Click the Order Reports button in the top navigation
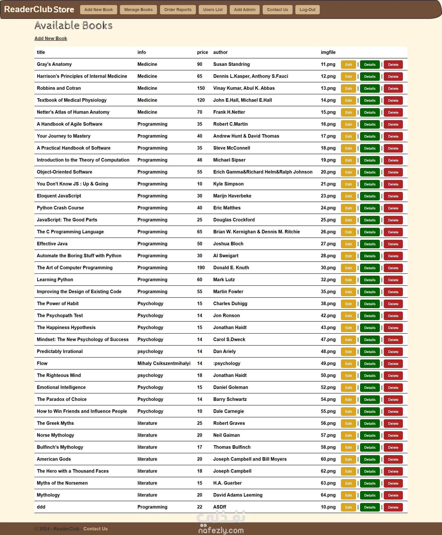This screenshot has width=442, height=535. [x=178, y=10]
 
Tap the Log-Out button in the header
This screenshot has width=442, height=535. [x=307, y=10]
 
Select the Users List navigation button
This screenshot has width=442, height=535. [x=213, y=10]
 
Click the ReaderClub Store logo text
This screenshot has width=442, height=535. [x=39, y=9]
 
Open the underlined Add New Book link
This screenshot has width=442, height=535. [x=51, y=38]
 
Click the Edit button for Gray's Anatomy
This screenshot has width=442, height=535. [x=348, y=65]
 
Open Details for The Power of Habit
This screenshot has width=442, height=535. [x=370, y=304]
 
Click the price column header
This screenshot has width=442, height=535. [x=202, y=52]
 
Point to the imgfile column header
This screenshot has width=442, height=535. [x=328, y=52]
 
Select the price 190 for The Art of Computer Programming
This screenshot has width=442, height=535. [x=201, y=267]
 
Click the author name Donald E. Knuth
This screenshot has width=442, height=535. [x=231, y=267]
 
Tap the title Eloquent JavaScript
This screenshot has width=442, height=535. [x=59, y=196]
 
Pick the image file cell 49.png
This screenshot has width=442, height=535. [x=328, y=363]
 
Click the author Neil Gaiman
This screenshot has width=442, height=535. [x=226, y=435]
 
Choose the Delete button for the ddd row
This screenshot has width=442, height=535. [x=393, y=507]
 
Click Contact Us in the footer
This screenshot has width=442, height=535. [x=96, y=529]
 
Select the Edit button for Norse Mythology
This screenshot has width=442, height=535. [x=348, y=436]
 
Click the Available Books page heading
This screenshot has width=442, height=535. [x=73, y=26]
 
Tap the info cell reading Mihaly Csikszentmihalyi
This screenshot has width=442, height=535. [x=164, y=363]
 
